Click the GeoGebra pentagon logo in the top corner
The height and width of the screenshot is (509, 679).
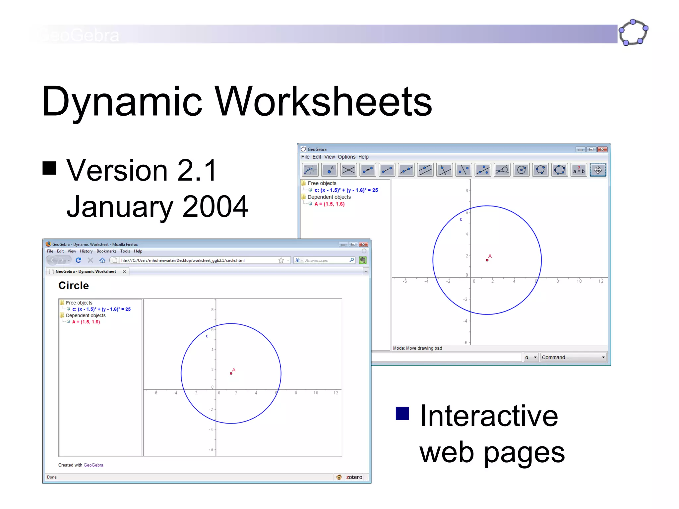click(633, 32)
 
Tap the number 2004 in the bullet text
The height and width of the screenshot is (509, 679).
click(215, 206)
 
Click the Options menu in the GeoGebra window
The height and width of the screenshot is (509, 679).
click(346, 157)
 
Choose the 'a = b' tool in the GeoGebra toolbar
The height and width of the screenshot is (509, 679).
click(579, 170)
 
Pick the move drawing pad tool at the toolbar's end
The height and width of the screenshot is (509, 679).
click(598, 170)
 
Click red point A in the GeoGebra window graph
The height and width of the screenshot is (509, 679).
click(487, 260)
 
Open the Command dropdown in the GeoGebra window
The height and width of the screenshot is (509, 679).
click(573, 357)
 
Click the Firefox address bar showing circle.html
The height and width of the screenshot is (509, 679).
click(199, 260)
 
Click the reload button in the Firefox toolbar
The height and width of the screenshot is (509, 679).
click(79, 260)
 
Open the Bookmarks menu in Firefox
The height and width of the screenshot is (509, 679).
click(106, 252)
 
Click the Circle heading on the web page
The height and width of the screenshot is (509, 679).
click(74, 286)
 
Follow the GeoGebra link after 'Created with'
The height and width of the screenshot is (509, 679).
click(93, 465)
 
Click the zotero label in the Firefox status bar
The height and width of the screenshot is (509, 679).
click(354, 477)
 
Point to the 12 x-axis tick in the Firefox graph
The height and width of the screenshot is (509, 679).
click(336, 393)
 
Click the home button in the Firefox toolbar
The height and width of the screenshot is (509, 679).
click(102, 260)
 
